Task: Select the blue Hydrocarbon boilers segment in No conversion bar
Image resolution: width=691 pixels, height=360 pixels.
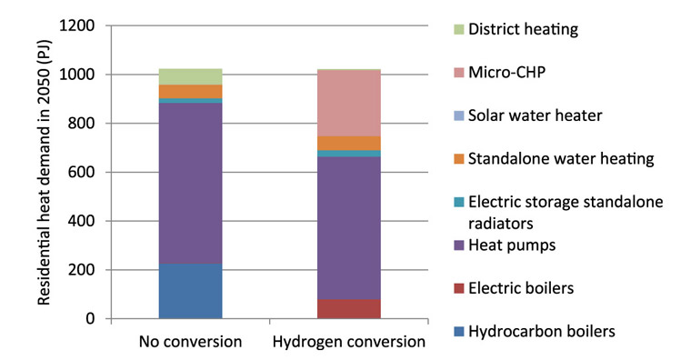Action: pos(190,291)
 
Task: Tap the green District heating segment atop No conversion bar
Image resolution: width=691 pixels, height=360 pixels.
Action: pos(190,76)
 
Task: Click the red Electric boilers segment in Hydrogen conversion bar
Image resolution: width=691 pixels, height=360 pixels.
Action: pos(348,309)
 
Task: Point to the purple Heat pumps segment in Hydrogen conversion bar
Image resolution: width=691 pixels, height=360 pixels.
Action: pos(348,227)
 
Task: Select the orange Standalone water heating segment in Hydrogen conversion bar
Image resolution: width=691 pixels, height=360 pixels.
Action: pos(348,143)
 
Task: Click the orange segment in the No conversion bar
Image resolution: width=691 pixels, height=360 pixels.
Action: pos(190,91)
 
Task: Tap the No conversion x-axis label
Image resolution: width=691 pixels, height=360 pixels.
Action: pos(190,343)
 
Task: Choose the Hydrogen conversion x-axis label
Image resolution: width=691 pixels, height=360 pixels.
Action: pos(348,343)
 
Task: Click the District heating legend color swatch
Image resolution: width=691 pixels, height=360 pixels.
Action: pos(457,29)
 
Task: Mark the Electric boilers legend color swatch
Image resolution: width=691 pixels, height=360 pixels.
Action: pos(457,288)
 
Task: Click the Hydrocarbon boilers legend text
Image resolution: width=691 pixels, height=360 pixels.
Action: pos(542,331)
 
